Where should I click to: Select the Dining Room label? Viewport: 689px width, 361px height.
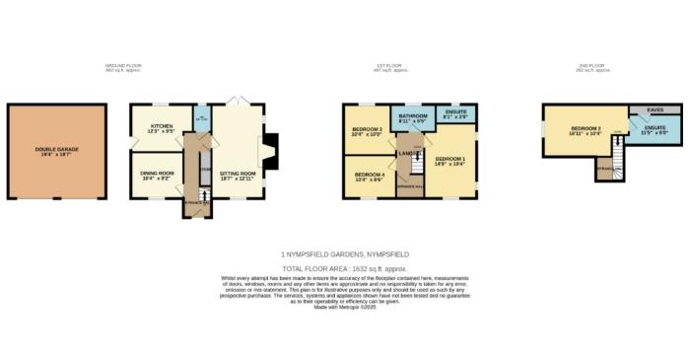159,175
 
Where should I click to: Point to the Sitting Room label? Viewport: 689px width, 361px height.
236,174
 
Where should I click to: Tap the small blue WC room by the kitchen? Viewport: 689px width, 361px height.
201,122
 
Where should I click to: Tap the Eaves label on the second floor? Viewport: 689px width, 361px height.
653,109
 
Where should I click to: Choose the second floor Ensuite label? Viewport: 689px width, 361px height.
655,130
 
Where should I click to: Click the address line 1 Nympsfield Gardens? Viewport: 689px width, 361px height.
345,253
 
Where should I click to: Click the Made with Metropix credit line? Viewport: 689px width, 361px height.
345,308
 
